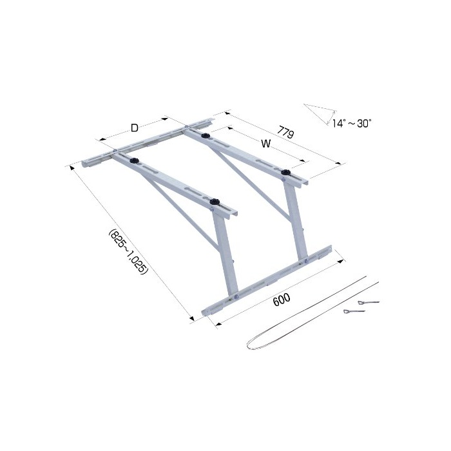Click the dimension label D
[x=134, y=128]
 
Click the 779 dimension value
[x=285, y=132]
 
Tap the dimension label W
[x=265, y=143]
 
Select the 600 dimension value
[x=282, y=300]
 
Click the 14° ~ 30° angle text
[x=352, y=124]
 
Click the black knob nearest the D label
[x=134, y=161]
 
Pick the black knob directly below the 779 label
[x=205, y=135]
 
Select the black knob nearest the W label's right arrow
[x=285, y=173]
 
